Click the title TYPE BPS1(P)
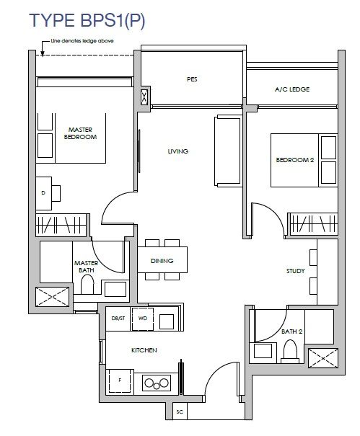coord(87,20)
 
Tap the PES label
coord(192,79)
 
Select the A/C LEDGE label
coord(292,89)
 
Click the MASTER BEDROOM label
coord(80,133)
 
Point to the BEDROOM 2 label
coord(295,160)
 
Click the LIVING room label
coord(178,151)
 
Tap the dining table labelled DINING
coord(162,259)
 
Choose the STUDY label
coord(295,271)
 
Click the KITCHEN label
coord(144,350)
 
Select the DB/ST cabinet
coord(118,319)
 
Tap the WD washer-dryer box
coord(143,319)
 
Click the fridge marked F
coord(120,381)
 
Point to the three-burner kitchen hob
coord(157,383)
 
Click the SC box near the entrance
coord(180,411)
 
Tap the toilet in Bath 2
coord(290,352)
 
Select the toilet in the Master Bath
coord(87,284)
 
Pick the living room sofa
coord(227,151)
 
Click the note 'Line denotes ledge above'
coord(82,41)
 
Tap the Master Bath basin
coord(115,289)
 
